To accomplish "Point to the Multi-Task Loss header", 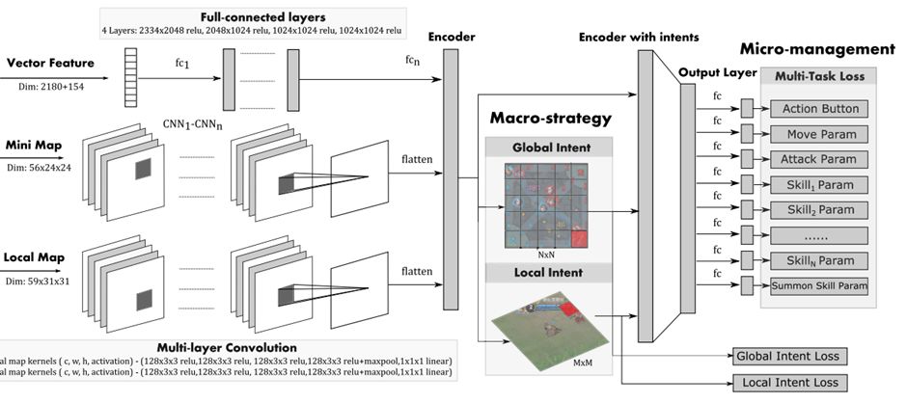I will [820, 75].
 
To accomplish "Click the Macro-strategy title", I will [550, 119].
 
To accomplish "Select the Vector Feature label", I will [51, 64].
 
